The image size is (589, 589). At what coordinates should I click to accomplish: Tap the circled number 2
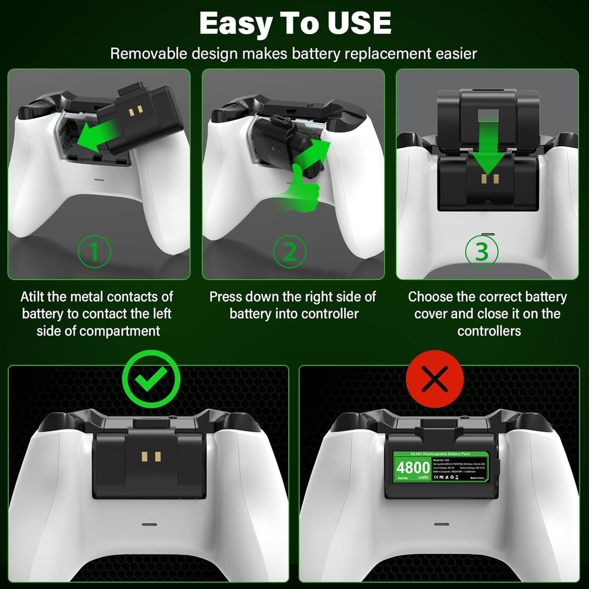tap(289, 252)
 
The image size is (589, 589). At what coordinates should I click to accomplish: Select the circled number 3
tap(481, 252)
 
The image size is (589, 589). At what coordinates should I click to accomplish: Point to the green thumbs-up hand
tap(304, 188)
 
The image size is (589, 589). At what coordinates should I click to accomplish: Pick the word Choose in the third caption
tap(431, 296)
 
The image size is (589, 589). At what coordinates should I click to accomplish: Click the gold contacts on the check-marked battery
tap(151, 456)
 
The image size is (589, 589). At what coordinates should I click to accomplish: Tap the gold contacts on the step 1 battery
tap(136, 110)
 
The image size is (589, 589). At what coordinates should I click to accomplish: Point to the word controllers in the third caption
tap(489, 330)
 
